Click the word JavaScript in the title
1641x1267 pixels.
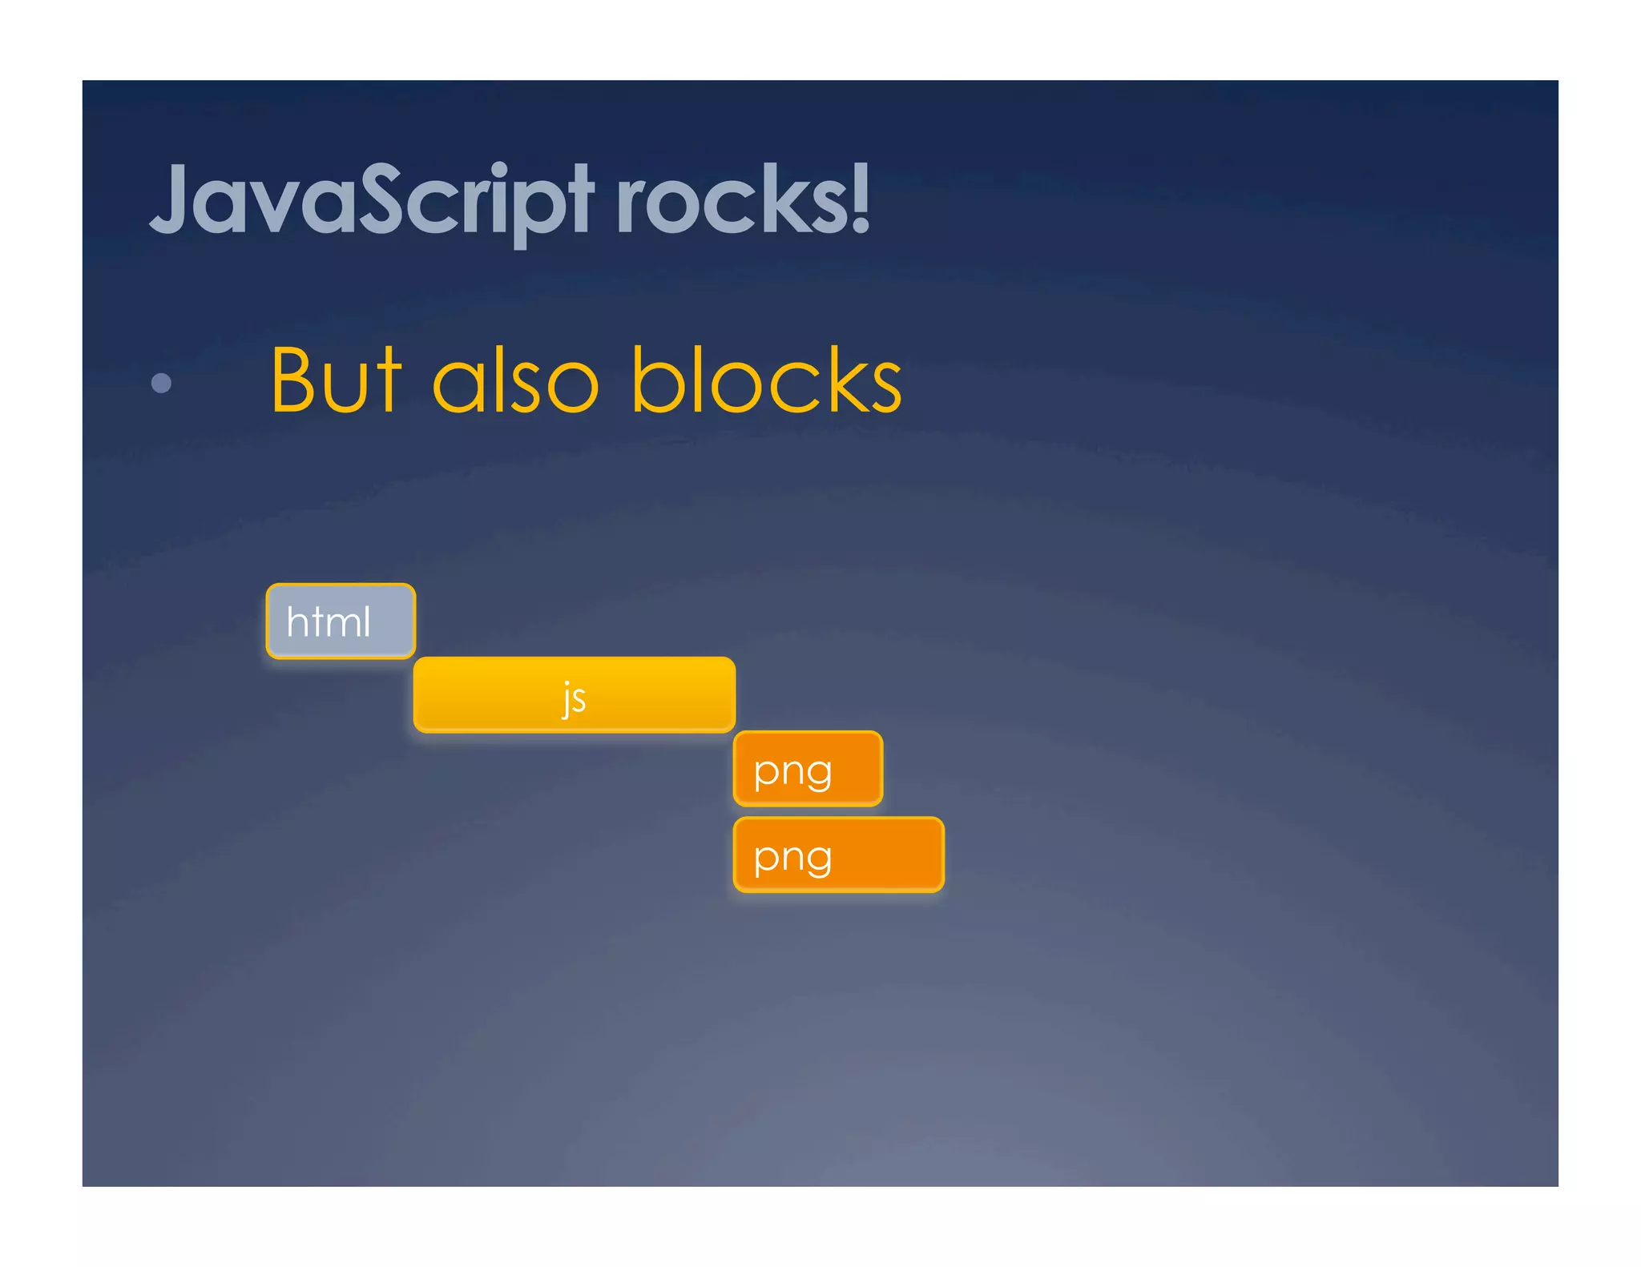371,200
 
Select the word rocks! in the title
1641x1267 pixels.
742,200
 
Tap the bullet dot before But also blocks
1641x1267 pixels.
161,383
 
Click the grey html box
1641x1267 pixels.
341,621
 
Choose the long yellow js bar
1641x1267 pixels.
574,694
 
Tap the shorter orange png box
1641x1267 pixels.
808,768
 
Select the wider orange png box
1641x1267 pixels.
838,855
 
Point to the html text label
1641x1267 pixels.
329,621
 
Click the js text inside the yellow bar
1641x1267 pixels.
574,698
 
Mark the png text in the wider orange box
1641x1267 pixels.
792,858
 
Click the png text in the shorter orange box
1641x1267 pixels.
792,771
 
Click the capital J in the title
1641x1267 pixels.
170,199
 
